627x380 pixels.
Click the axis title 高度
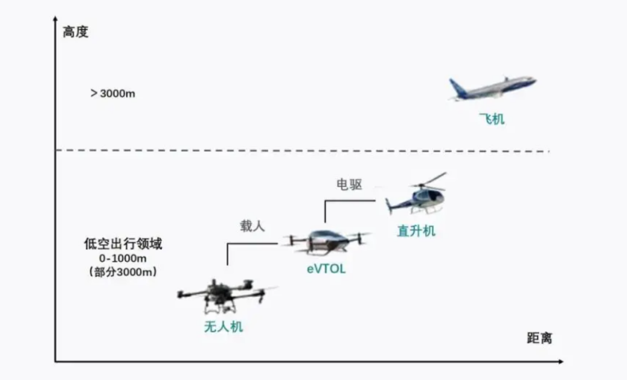pos(76,31)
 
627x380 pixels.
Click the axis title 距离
pos(539,338)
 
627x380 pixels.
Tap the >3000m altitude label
pos(113,93)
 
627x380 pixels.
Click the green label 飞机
pos(492,119)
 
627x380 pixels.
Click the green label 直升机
pos(416,230)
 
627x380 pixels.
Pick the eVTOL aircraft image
pos(326,241)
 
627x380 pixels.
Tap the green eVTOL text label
pos(326,269)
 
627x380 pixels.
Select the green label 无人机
pos(223,327)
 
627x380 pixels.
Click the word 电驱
pos(349,185)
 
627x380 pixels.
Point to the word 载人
pos(252,226)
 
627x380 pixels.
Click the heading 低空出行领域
pos(123,244)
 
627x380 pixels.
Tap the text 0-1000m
pos(123,258)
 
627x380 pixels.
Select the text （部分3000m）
pos(123,272)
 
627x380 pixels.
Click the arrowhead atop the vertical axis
pos(55,19)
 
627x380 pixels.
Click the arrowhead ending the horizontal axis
pos(561,362)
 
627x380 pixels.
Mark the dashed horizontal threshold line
pos(303,151)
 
